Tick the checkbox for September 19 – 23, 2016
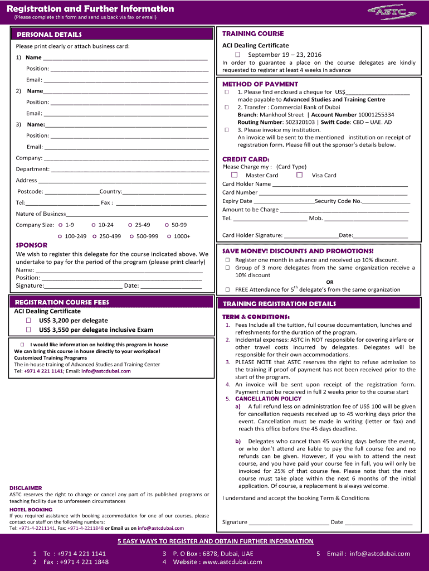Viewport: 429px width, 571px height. click(237, 55)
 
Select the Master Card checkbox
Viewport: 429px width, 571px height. click(235, 175)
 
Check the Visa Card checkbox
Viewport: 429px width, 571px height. click(299, 175)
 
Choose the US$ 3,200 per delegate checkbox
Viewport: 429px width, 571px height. click(28, 321)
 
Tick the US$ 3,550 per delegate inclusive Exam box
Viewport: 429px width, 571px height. click(28, 330)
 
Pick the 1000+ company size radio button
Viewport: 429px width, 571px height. click(169, 236)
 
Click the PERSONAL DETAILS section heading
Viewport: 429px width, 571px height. click(49, 35)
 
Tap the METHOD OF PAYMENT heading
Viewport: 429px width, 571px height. click(260, 84)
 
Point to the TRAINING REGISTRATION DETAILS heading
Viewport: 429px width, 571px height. click(279, 304)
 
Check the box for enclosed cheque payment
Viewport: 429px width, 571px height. click(227, 92)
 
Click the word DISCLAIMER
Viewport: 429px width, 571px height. click(26, 488)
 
